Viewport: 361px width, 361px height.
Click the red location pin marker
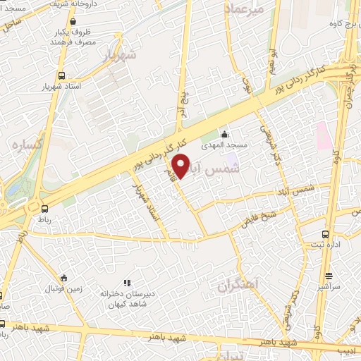pyautogui.click(x=181, y=166)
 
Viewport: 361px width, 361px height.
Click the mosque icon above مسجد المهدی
pyautogui.click(x=224, y=134)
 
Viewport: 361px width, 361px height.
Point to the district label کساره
pyautogui.click(x=27, y=144)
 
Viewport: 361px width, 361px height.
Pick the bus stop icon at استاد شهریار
pyautogui.click(x=62, y=75)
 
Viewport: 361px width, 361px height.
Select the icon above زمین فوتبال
pyautogui.click(x=64, y=277)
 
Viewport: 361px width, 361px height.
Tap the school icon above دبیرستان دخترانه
pyautogui.click(x=127, y=283)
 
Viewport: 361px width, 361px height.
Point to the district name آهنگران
pyautogui.click(x=239, y=284)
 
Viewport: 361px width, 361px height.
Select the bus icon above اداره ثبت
pyautogui.click(x=325, y=234)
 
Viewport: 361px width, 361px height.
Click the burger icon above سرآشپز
pyautogui.click(x=329, y=276)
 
